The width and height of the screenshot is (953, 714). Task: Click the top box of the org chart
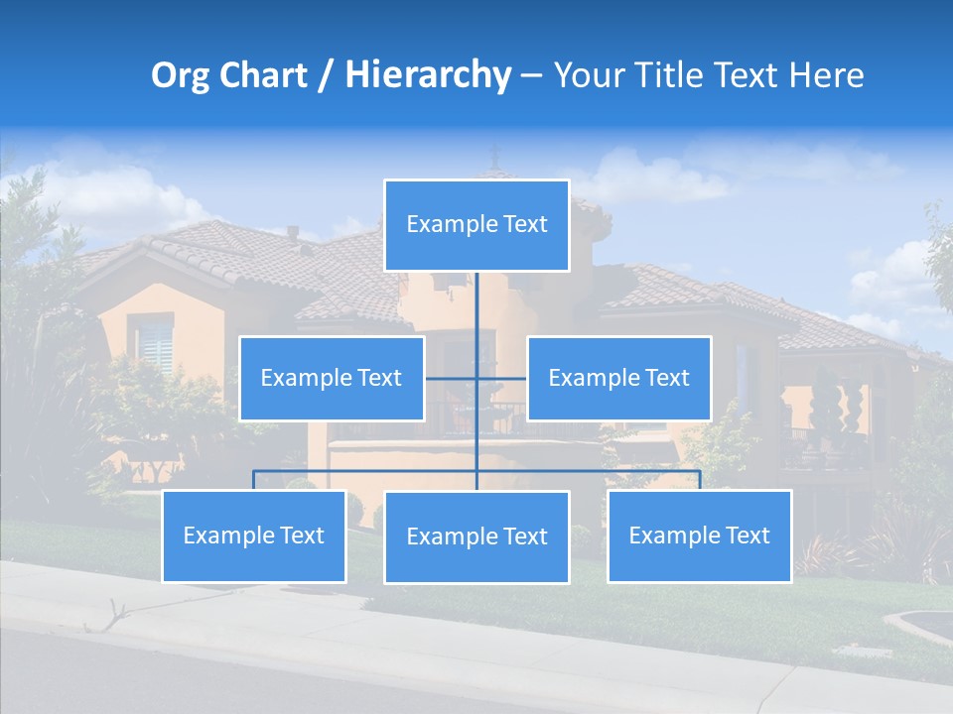click(x=476, y=225)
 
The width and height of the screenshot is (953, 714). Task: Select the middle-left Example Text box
click(x=332, y=378)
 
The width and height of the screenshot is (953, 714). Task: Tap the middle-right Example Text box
click(x=618, y=378)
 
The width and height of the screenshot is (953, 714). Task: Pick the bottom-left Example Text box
click(x=254, y=535)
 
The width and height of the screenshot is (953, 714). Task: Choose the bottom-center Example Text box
click(x=476, y=536)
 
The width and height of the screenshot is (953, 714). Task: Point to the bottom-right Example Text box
click(x=699, y=535)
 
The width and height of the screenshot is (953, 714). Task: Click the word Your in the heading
click(x=586, y=75)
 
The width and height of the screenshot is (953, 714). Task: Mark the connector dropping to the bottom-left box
click(x=254, y=480)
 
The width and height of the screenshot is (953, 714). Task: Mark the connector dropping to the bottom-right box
click(x=699, y=480)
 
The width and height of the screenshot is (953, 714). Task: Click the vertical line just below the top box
click(x=476, y=297)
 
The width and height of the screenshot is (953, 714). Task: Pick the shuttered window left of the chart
click(x=155, y=344)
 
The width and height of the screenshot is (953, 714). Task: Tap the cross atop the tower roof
click(x=494, y=155)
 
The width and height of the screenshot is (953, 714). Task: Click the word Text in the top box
click(x=524, y=225)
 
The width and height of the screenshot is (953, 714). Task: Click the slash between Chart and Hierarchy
click(x=325, y=75)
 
